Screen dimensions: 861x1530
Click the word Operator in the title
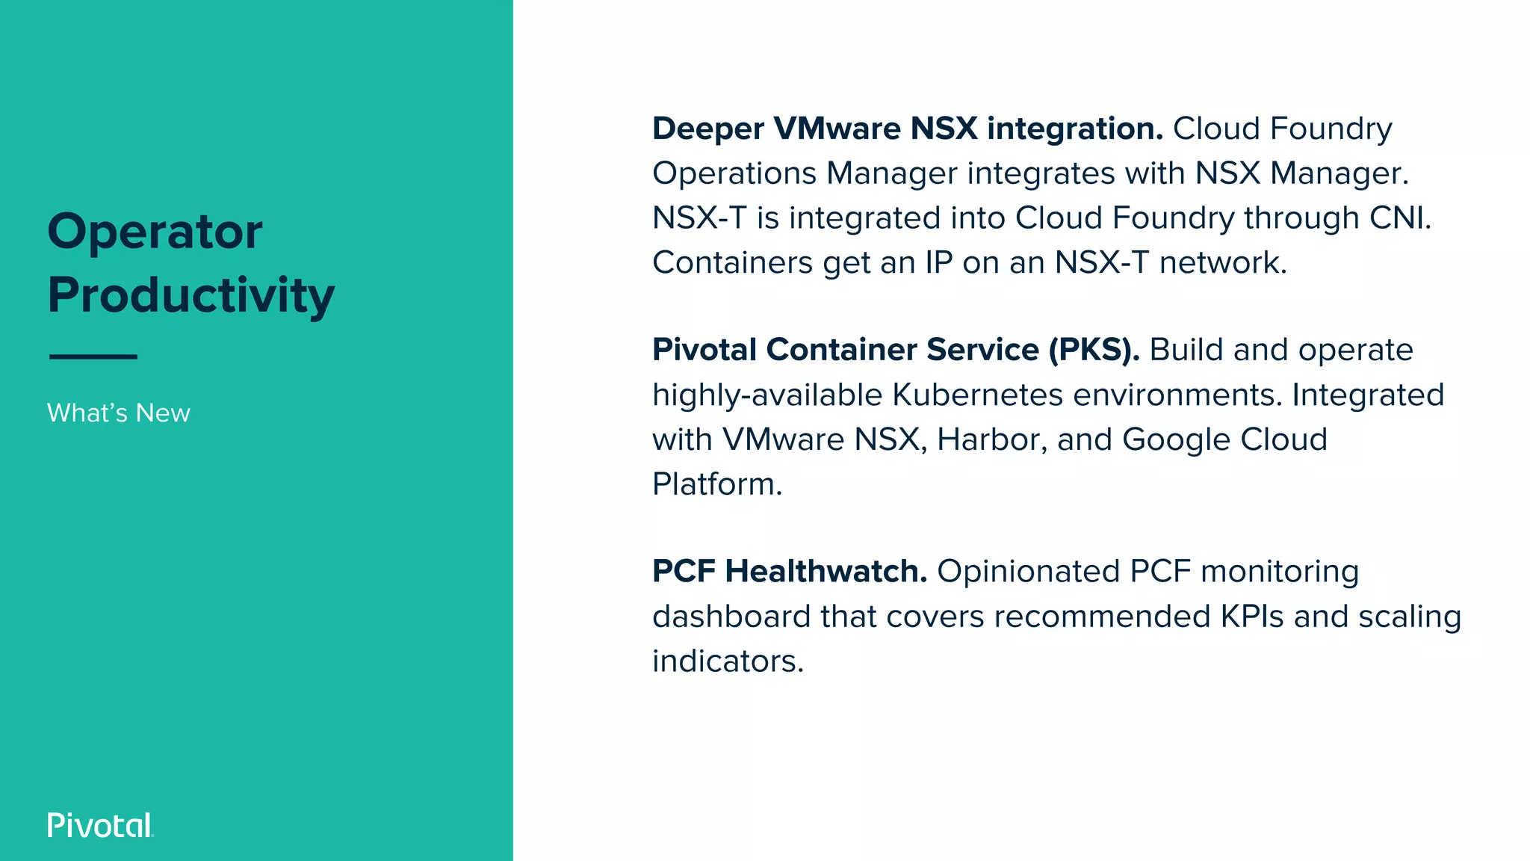point(155,232)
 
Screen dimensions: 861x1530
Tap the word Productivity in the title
point(191,296)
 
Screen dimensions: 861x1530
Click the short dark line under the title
point(93,357)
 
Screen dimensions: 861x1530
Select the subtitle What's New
point(119,413)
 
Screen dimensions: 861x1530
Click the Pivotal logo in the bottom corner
point(100,825)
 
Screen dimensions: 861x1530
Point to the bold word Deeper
point(707,129)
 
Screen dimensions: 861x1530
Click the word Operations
point(734,173)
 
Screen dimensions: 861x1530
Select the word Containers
point(732,262)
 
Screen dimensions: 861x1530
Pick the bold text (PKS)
point(1094,350)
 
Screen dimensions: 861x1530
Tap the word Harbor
point(992,439)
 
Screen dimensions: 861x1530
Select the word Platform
point(716,484)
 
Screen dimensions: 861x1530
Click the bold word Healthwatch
point(826,572)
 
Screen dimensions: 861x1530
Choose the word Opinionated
point(1028,572)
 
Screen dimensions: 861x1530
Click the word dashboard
point(731,617)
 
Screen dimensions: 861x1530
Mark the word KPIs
point(1251,617)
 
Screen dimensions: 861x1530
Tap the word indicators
point(727,661)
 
